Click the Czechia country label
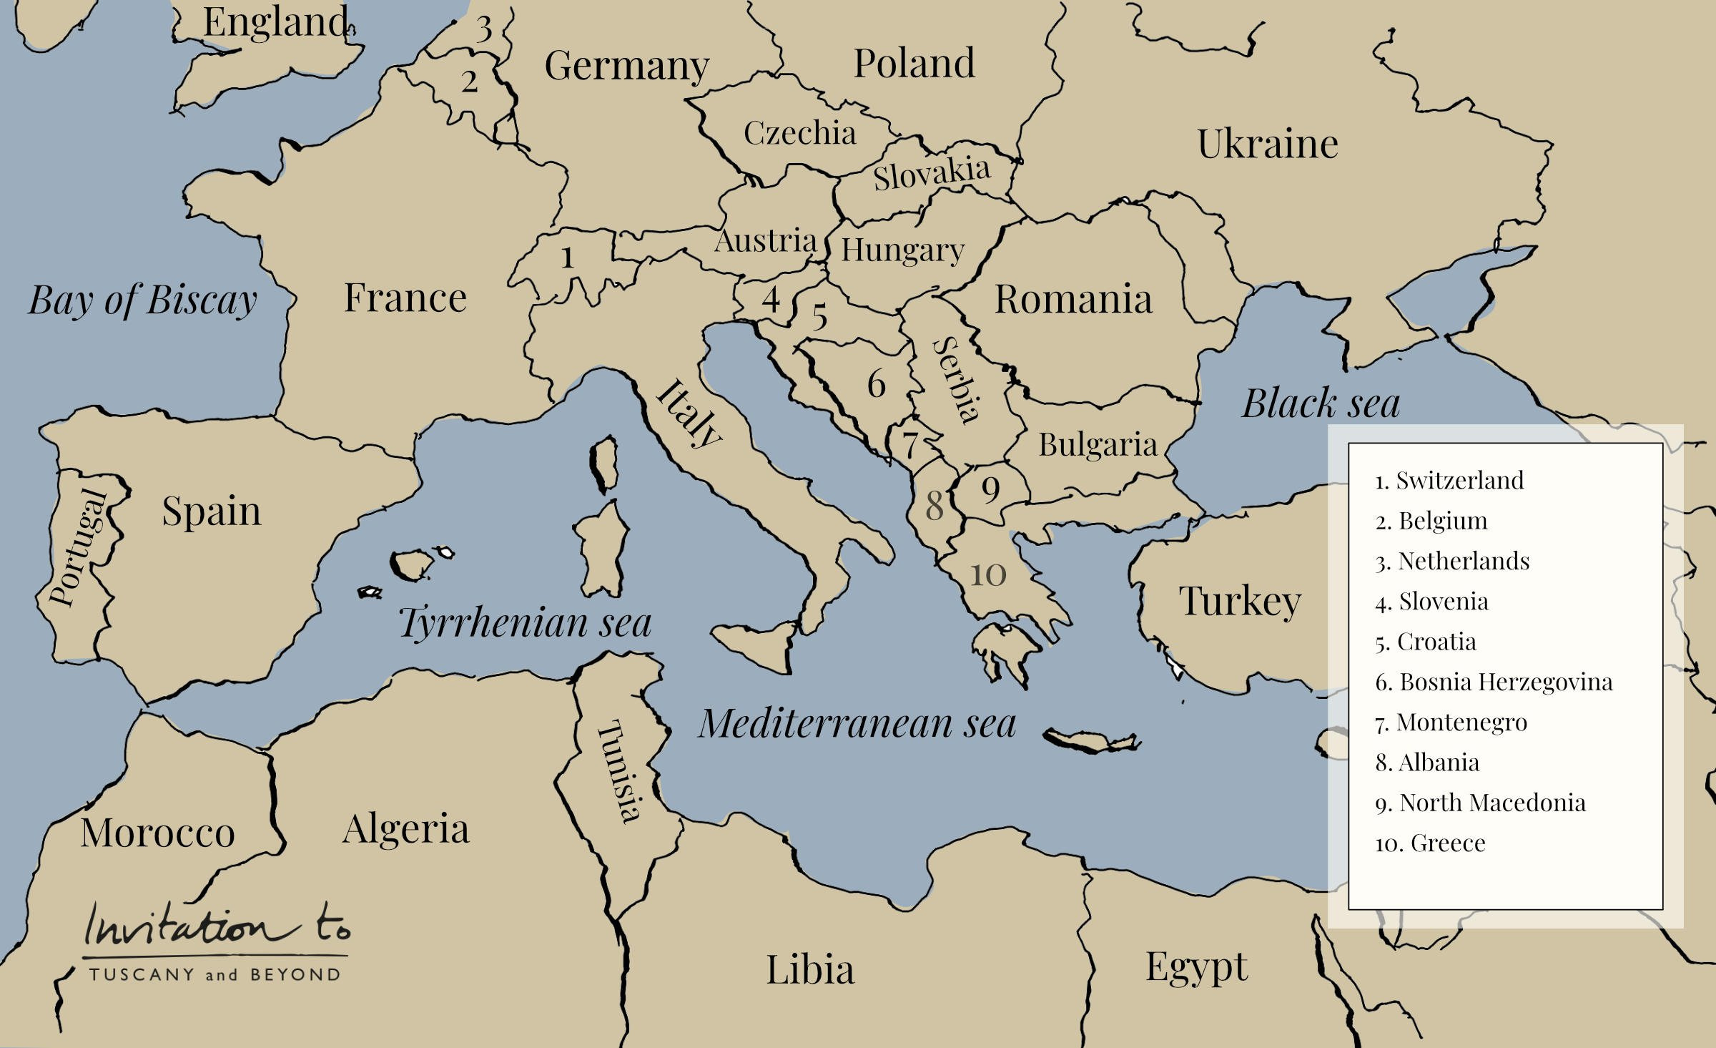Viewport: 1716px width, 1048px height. [x=799, y=133]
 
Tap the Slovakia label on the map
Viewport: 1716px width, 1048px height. [x=931, y=174]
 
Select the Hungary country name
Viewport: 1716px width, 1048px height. [x=902, y=250]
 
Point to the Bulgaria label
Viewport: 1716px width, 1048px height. [x=1098, y=445]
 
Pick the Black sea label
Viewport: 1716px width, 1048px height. [x=1321, y=403]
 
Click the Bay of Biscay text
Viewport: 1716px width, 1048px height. [x=142, y=300]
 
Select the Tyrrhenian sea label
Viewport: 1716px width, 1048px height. [x=525, y=622]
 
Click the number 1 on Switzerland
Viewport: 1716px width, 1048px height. [x=567, y=258]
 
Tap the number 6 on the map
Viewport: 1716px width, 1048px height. [x=877, y=384]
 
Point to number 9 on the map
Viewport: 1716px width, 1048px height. [x=990, y=489]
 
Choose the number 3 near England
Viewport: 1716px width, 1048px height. [x=484, y=29]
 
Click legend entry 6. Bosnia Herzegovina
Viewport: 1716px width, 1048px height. [x=1494, y=682]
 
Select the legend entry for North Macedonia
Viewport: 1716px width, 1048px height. [x=1480, y=803]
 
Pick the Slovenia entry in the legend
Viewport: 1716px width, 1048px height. [x=1431, y=602]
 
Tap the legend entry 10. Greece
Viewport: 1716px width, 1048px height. [x=1430, y=843]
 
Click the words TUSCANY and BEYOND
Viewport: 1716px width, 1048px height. [x=214, y=974]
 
